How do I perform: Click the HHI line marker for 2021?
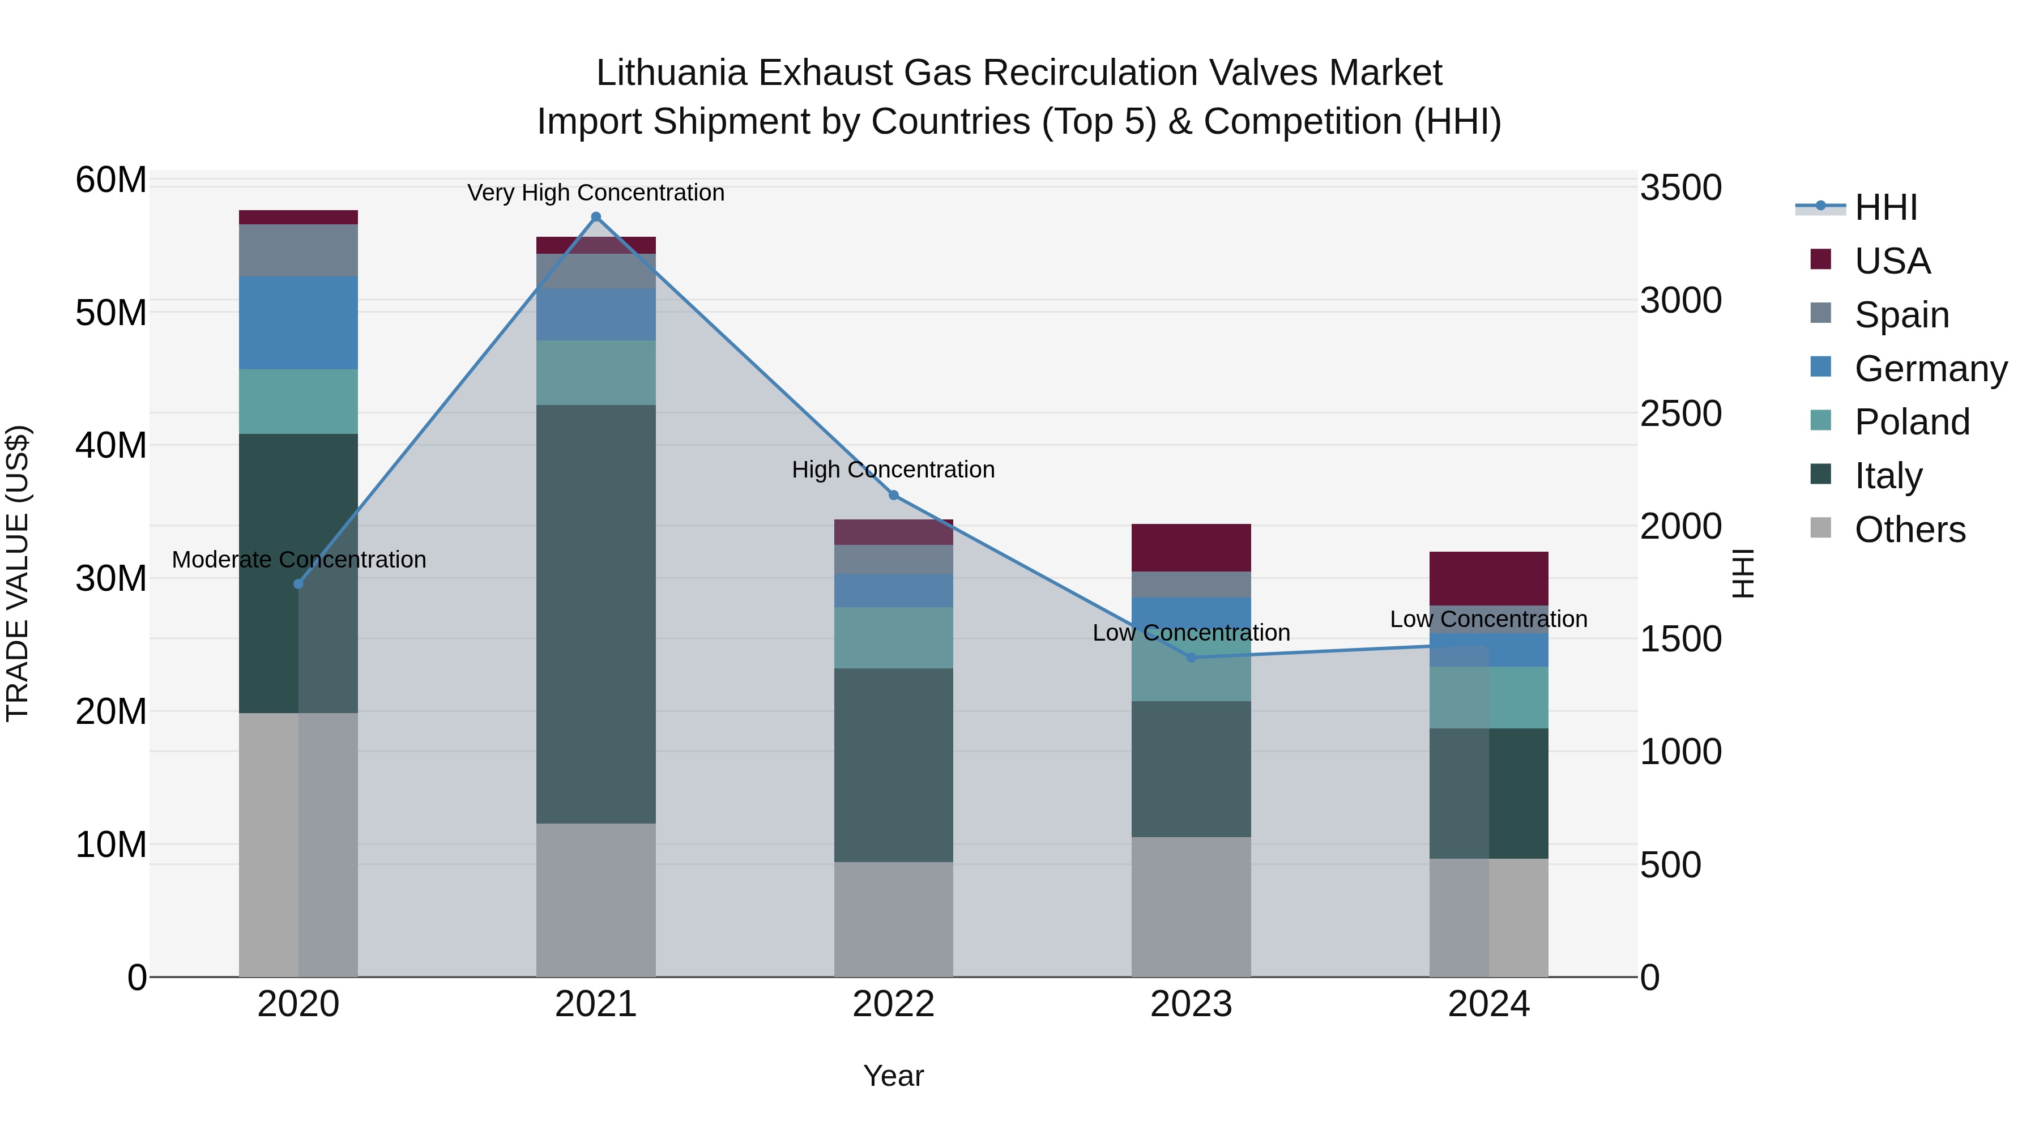point(596,217)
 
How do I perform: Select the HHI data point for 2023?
point(1191,657)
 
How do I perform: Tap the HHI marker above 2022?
point(894,496)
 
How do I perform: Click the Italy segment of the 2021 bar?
point(596,613)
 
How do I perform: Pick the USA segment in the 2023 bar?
point(1191,547)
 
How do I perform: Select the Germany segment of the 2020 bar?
point(298,322)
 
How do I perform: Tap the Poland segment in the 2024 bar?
point(1489,697)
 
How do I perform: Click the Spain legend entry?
point(1901,314)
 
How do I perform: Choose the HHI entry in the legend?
point(1886,207)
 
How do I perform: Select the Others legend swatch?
point(1820,528)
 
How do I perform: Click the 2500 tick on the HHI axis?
point(1680,413)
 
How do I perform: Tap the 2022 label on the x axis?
point(894,1004)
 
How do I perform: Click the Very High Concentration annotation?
point(596,193)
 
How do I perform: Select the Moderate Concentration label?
point(298,560)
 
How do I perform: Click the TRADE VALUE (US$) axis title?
point(18,573)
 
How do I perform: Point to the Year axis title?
point(894,1076)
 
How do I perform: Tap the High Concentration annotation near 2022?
point(894,470)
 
